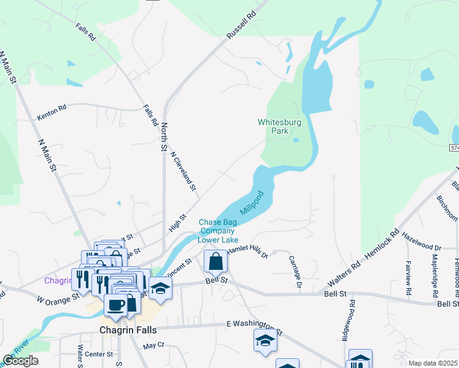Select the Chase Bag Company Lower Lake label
click(x=216, y=231)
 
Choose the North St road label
click(x=164, y=136)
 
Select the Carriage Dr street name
click(x=295, y=272)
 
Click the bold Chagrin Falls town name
click(x=128, y=330)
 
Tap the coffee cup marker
click(x=115, y=304)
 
